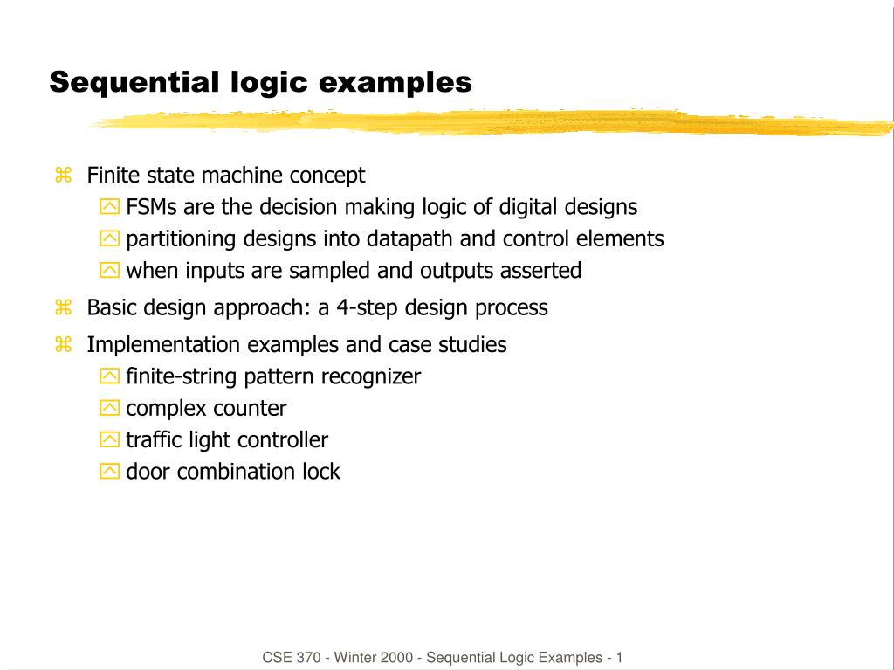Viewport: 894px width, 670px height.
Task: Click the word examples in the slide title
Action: (395, 83)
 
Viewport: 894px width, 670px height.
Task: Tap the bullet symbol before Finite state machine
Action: (63, 175)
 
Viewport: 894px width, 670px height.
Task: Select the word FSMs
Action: (151, 207)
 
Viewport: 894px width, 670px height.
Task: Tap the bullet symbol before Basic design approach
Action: (63, 307)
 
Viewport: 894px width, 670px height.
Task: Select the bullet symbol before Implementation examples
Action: (63, 345)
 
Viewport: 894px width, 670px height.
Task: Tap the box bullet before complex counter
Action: (109, 407)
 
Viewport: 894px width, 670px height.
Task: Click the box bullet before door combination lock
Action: (109, 471)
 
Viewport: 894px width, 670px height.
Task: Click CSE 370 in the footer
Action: (292, 658)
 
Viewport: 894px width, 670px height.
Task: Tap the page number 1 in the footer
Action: (619, 658)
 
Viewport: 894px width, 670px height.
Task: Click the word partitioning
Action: (181, 239)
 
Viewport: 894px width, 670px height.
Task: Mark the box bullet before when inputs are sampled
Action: (109, 270)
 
